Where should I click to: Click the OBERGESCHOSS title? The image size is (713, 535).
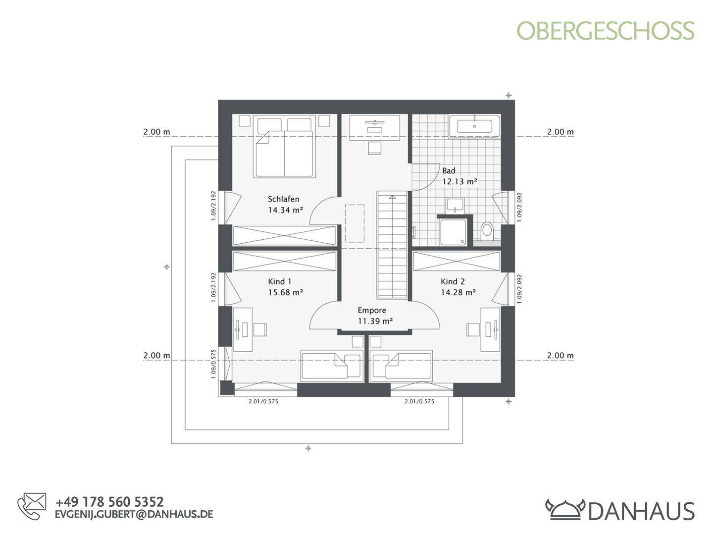(606, 31)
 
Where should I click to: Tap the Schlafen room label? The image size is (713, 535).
(283, 199)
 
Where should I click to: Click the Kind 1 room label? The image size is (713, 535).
(280, 281)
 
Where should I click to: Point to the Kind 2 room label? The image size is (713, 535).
(453, 281)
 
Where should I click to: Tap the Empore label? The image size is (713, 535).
(372, 311)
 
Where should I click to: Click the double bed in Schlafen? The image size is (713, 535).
(285, 147)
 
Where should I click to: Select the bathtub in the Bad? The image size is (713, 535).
(474, 126)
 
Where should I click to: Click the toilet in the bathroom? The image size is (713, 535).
(487, 230)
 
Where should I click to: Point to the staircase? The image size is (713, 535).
(392, 245)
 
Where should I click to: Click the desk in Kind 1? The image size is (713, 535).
(243, 329)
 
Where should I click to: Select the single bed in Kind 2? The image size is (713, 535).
(401, 366)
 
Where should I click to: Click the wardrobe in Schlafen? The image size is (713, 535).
(284, 235)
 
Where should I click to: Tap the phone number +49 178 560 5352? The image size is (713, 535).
(109, 502)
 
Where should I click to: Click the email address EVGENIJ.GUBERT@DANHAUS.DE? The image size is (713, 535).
(134, 514)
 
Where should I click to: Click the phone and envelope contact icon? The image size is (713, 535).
(32, 506)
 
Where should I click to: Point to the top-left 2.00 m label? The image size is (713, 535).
(156, 132)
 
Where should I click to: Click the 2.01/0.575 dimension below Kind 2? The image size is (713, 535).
(419, 401)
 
